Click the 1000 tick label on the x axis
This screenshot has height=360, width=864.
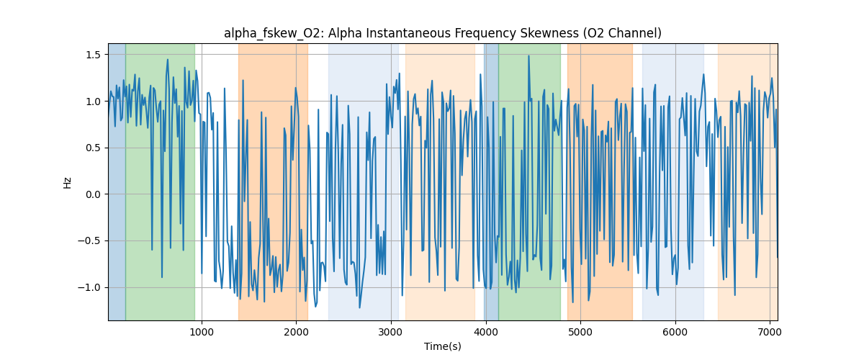(202, 331)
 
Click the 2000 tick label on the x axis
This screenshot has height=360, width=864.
(297, 331)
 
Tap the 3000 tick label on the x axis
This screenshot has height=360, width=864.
(391, 331)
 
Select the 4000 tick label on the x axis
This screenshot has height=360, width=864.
(486, 331)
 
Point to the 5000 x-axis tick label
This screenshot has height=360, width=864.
(580, 331)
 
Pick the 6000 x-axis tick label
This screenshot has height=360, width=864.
(675, 331)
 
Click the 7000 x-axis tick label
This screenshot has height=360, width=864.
(770, 331)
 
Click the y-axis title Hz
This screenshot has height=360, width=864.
(68, 182)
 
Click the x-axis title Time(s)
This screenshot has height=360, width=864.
(443, 346)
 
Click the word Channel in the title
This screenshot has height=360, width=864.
(634, 33)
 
